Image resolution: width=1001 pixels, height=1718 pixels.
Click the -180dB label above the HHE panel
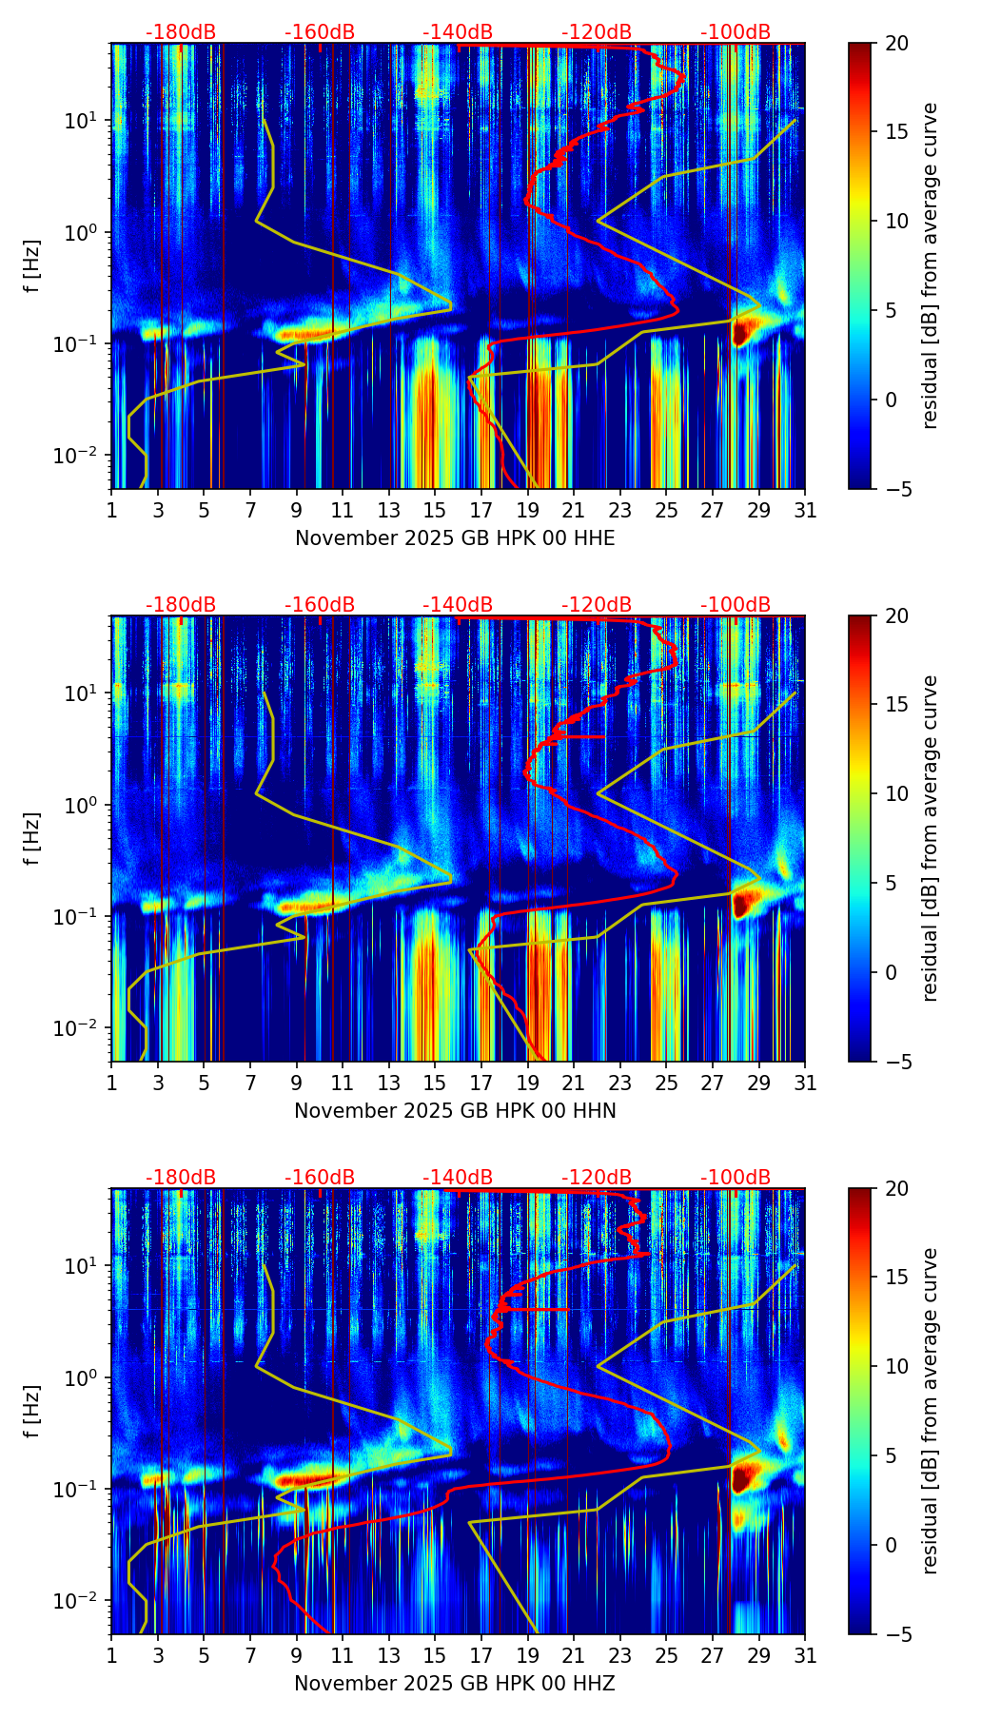coord(181,32)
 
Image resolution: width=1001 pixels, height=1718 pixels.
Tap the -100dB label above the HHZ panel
coord(736,1178)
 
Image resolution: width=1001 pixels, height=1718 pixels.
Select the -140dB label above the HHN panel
coord(458,605)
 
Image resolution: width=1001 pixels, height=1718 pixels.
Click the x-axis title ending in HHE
coord(455,538)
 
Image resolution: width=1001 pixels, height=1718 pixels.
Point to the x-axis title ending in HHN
coord(455,1111)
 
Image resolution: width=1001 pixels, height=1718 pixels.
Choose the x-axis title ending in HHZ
coord(455,1684)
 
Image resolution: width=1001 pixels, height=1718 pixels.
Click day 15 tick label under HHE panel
coord(434,511)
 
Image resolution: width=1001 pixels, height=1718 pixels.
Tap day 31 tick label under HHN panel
coord(805,1084)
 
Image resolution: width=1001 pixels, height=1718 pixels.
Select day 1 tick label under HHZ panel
coord(112,1656)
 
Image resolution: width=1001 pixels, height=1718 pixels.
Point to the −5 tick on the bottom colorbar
coord(896,1634)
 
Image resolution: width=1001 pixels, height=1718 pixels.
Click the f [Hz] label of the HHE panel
coord(33,265)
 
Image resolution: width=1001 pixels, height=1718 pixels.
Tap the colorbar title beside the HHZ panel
coord(931,1411)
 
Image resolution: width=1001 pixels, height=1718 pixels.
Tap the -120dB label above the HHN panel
coord(597,605)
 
